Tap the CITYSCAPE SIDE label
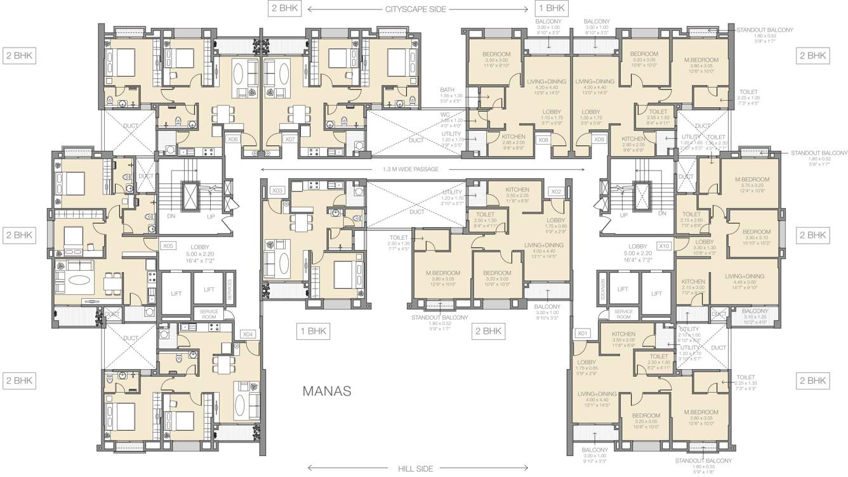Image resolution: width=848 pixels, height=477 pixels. point(416,9)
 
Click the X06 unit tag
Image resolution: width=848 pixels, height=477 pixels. point(232,139)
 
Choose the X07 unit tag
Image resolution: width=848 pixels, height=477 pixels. point(290,139)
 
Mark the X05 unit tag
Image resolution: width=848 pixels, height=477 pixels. point(168,245)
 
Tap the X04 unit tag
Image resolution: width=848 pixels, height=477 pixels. point(248,334)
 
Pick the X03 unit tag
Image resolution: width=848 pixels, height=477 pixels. point(276,190)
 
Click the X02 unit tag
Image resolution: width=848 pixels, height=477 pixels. point(556,191)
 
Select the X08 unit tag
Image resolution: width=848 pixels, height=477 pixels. point(543,140)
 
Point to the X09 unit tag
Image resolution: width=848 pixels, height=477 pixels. point(599,140)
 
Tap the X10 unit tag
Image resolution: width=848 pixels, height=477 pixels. point(664,245)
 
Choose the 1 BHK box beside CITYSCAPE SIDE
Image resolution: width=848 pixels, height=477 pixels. point(551,8)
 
